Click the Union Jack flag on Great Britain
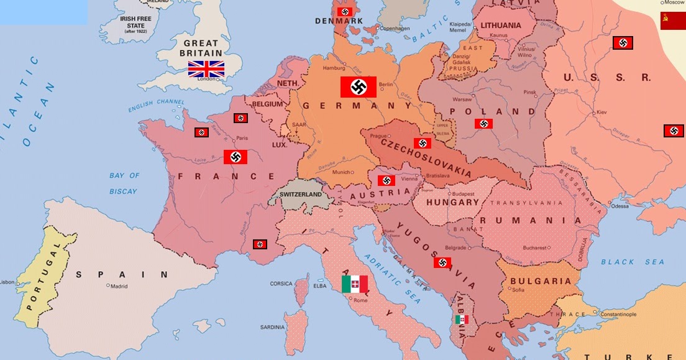(206, 68)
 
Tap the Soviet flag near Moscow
(672, 21)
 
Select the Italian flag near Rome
(355, 285)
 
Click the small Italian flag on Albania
(461, 320)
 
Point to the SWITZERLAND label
(301, 195)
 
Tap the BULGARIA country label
(540, 281)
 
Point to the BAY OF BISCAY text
(124, 183)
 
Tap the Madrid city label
(118, 287)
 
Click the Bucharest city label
(534, 247)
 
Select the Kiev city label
(601, 112)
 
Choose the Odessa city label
(620, 206)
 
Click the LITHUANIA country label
(501, 25)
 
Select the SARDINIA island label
(272, 327)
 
